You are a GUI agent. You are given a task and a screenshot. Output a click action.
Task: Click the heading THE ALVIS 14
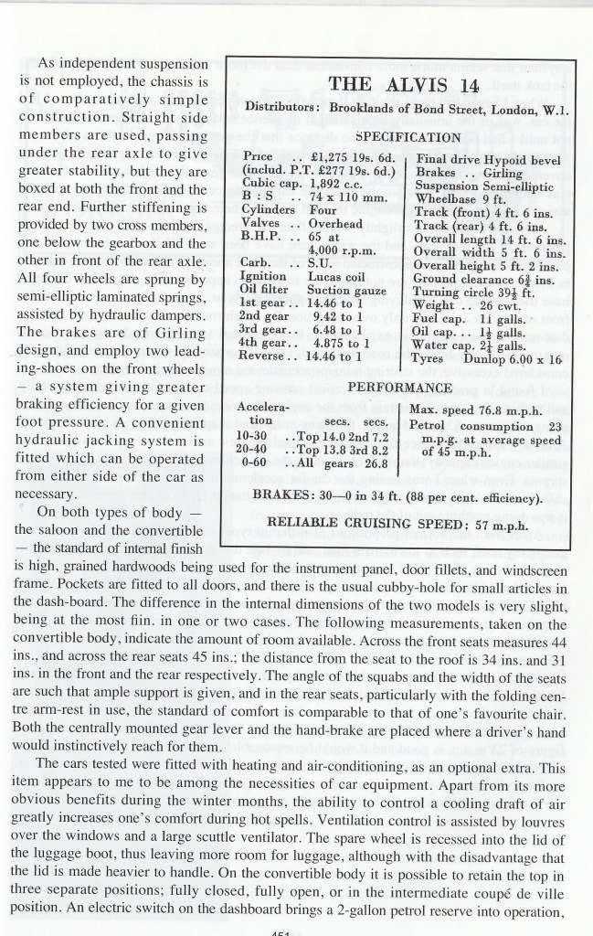point(399,86)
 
